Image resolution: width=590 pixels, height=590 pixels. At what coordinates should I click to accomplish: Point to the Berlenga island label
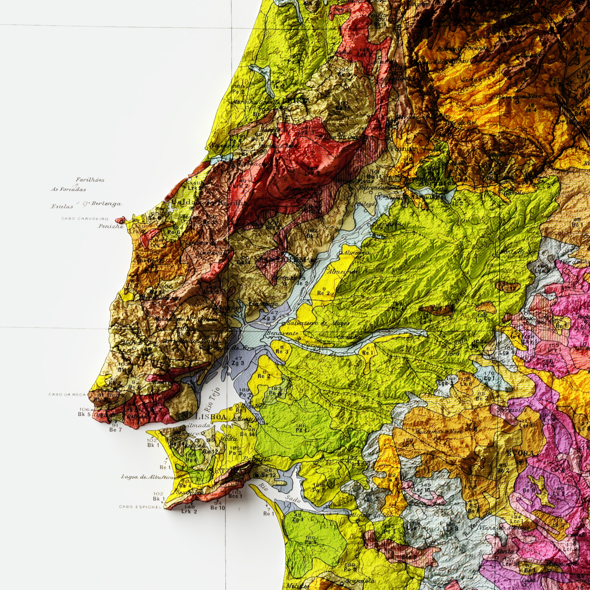click(106, 204)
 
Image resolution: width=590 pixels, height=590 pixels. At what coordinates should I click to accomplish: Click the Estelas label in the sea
click(62, 207)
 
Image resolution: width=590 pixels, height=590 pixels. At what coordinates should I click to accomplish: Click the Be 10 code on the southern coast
click(218, 508)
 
